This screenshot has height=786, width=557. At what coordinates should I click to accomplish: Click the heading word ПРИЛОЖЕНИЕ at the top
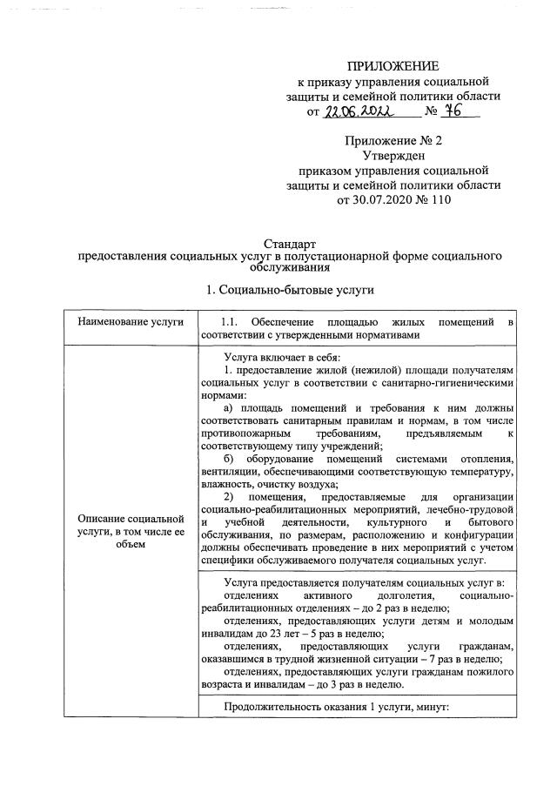click(393, 66)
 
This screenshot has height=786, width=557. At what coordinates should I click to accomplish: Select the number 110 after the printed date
click(440, 199)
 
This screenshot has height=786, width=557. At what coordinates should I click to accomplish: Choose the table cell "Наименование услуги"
click(131, 322)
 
